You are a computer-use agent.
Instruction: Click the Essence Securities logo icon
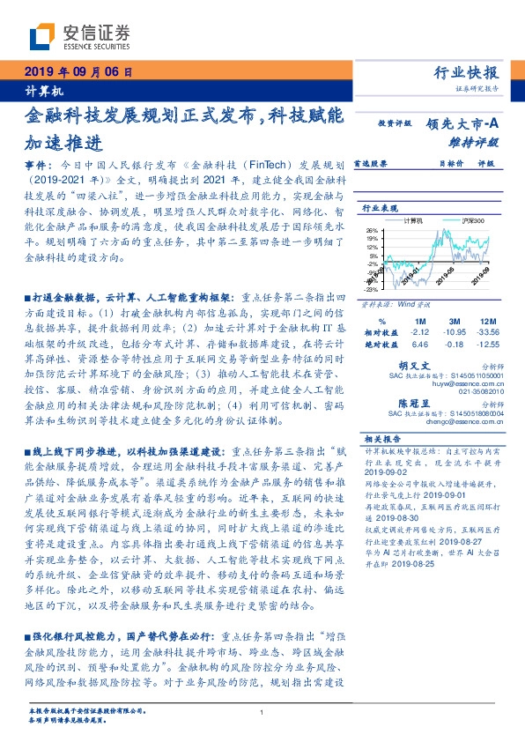41,36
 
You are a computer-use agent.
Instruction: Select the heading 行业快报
467,73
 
